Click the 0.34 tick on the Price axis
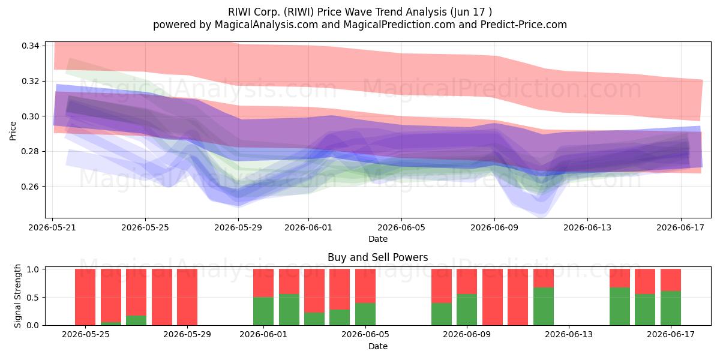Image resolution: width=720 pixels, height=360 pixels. pyautogui.click(x=30, y=46)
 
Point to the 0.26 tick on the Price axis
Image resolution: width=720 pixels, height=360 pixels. pyautogui.click(x=30, y=187)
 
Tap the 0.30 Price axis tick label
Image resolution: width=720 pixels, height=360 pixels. pyautogui.click(x=30, y=116)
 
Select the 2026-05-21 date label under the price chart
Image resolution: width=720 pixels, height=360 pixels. pyautogui.click(x=52, y=228)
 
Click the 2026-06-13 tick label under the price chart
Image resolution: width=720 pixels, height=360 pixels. pyautogui.click(x=587, y=228)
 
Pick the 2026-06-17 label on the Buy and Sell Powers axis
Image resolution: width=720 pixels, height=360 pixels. pyautogui.click(x=671, y=335)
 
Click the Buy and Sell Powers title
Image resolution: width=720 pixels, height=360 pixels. pyautogui.click(x=377, y=257)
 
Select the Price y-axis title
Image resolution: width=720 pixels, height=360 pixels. pyautogui.click(x=13, y=131)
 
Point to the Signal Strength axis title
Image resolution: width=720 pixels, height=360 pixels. pyautogui.click(x=17, y=296)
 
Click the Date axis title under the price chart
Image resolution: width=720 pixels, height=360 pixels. pyautogui.click(x=378, y=239)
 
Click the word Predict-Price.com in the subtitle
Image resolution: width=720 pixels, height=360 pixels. pyautogui.click(x=524, y=25)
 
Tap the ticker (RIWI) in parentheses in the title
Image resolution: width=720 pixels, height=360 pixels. pyautogui.click(x=299, y=12)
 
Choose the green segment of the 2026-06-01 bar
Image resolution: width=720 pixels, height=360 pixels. pyautogui.click(x=263, y=311)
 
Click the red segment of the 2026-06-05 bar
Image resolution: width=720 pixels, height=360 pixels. pyautogui.click(x=365, y=286)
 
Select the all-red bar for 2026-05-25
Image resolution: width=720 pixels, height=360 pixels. pyautogui.click(x=85, y=297)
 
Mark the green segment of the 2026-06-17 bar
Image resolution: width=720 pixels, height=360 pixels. pyautogui.click(x=671, y=308)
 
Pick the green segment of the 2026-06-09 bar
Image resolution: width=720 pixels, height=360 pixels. pyautogui.click(x=467, y=310)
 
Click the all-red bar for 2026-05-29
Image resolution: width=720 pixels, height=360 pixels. pyautogui.click(x=187, y=297)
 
